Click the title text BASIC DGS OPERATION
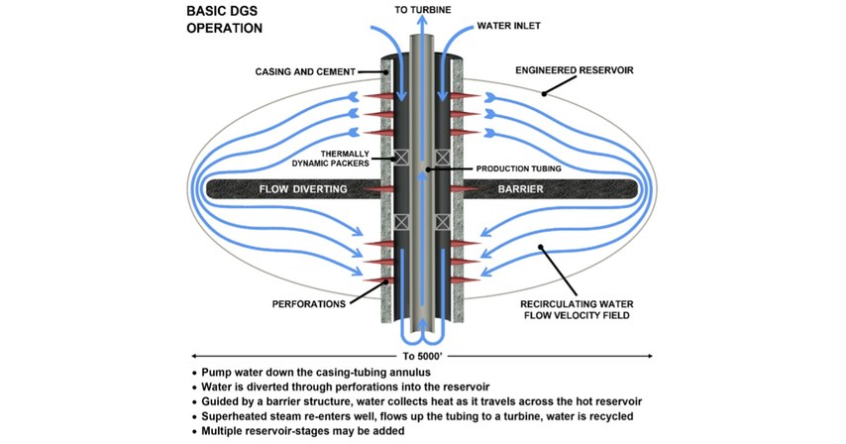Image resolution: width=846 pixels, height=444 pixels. pos(225,20)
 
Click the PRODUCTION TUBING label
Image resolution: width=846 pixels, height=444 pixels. pos(518,169)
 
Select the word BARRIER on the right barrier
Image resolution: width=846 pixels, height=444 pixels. pos(543,188)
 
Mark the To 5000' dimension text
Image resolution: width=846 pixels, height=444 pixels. pos(423,354)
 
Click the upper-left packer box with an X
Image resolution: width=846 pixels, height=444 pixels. pos(401,157)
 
